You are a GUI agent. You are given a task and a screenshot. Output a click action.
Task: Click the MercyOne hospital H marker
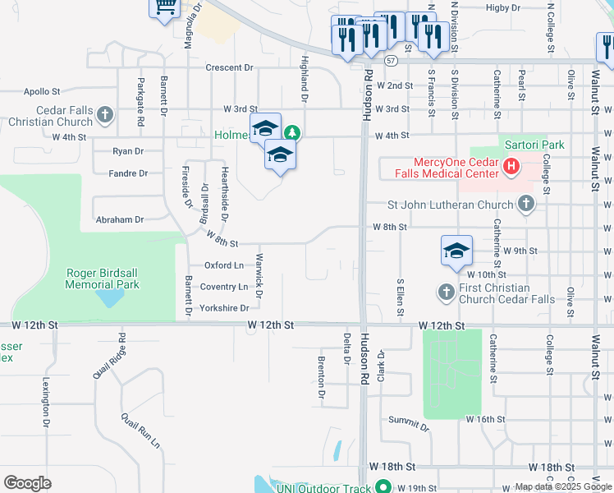click(x=511, y=168)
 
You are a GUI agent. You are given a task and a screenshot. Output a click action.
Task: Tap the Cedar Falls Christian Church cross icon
click(x=105, y=115)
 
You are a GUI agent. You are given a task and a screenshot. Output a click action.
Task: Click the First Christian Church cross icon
click(x=446, y=292)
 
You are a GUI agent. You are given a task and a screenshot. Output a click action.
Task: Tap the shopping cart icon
click(x=164, y=7)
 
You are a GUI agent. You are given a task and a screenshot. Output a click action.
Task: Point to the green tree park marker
click(x=291, y=133)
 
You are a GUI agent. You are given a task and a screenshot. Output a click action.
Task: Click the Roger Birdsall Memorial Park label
click(x=103, y=279)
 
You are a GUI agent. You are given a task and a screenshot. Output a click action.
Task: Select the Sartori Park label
click(x=534, y=145)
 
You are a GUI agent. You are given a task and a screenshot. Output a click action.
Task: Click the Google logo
click(x=27, y=483)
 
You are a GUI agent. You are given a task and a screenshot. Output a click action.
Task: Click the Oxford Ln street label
click(x=224, y=265)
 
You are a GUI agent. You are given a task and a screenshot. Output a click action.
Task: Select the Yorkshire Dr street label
click(x=224, y=308)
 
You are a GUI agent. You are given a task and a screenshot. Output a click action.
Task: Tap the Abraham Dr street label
click(x=120, y=219)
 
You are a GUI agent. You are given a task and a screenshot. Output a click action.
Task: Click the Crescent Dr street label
click(x=229, y=67)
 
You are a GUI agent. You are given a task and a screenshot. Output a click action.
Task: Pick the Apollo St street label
click(x=43, y=91)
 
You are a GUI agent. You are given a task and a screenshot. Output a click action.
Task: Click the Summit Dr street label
click(x=409, y=422)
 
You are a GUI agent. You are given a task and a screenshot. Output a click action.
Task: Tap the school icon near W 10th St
click(x=456, y=251)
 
